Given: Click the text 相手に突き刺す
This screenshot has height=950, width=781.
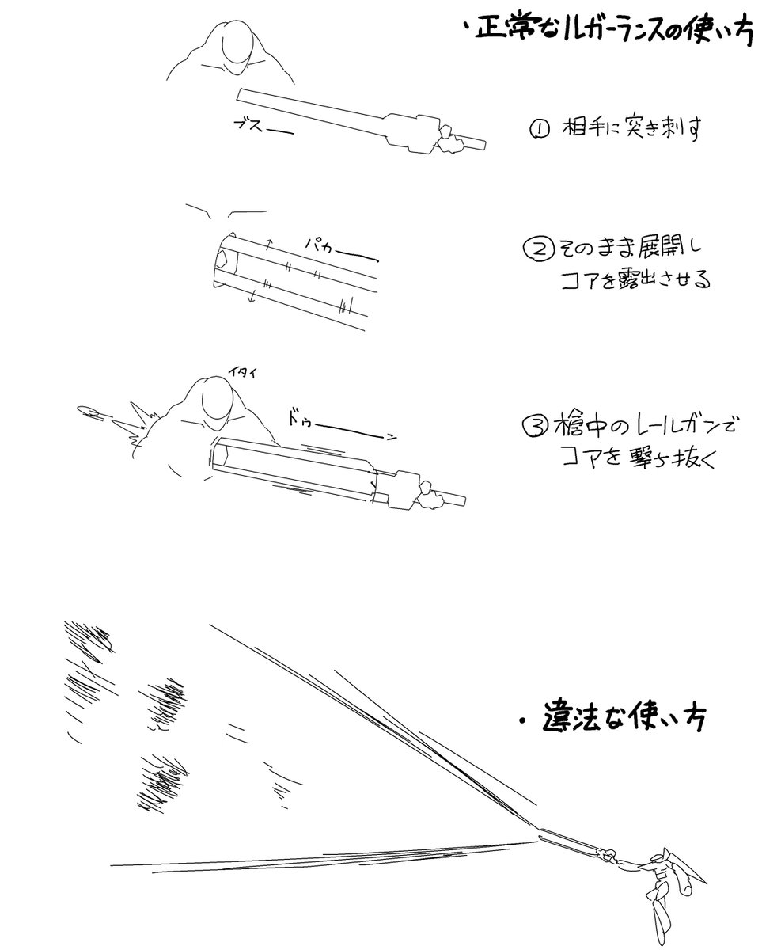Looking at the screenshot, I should [632, 129].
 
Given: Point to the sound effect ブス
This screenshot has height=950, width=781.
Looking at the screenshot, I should [252, 124].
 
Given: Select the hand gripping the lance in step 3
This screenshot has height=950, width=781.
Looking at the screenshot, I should [430, 495].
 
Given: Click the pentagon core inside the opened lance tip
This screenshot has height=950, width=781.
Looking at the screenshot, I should [223, 260].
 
